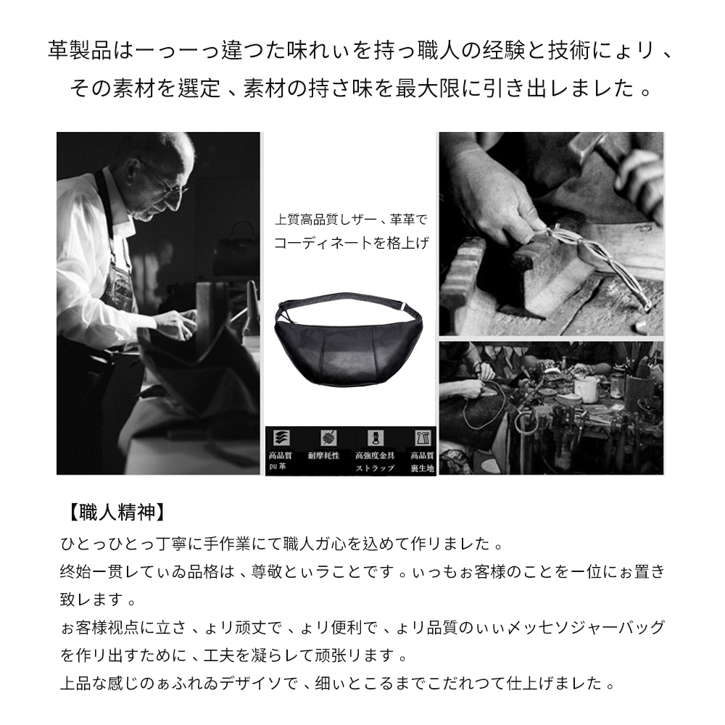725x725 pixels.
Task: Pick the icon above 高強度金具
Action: [375, 439]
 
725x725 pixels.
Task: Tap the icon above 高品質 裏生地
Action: [421, 439]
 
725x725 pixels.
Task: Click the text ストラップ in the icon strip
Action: [375, 468]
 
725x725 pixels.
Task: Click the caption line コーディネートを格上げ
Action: [351, 244]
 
